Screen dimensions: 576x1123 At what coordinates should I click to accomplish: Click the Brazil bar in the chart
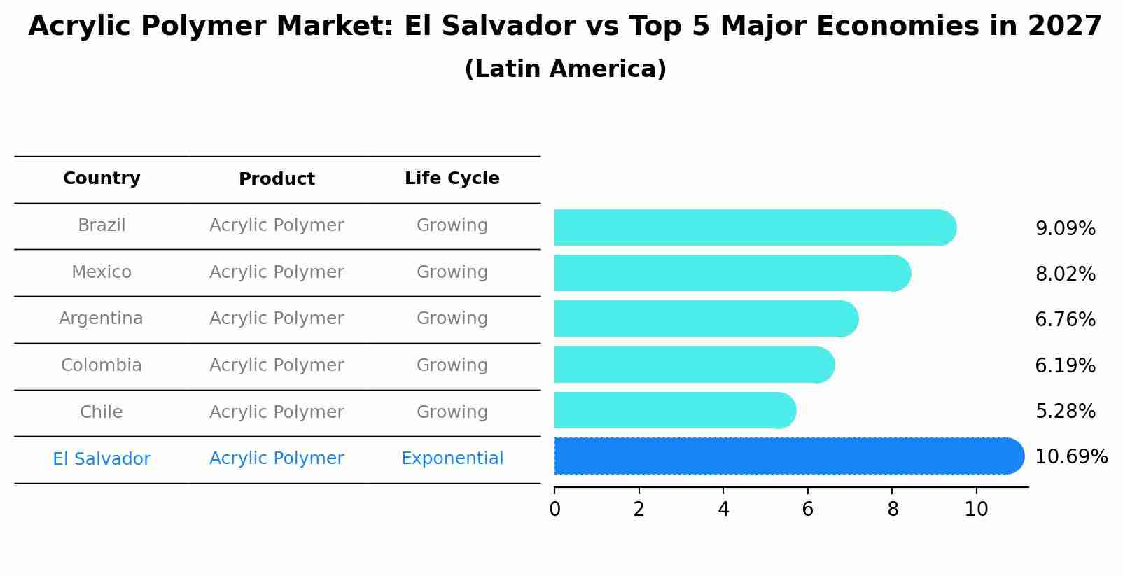pos(755,227)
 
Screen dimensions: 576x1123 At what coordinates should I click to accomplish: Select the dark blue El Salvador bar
pos(788,456)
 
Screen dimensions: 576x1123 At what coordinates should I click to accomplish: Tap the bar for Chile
pos(674,410)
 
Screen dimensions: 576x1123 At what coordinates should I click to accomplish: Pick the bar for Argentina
pos(706,318)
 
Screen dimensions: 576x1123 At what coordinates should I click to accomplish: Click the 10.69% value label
pos(1070,457)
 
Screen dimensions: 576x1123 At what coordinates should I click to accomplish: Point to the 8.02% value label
pos(1065,274)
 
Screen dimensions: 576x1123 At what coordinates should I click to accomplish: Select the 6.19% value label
pos(1065,365)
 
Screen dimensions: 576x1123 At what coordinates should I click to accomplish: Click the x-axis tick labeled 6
pos(807,510)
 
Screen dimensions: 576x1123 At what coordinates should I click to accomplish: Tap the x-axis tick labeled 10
pos(976,510)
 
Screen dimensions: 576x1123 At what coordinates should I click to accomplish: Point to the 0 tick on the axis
pos(554,510)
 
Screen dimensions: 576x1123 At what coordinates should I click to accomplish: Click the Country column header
pos(102,178)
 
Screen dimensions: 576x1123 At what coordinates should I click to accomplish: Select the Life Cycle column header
pos(452,178)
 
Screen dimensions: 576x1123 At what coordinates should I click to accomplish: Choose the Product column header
pos(277,179)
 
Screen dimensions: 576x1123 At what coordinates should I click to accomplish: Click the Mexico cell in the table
pos(102,272)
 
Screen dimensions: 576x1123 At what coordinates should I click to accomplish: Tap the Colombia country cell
pos(102,365)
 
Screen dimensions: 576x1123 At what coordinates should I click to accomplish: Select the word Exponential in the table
pos(452,458)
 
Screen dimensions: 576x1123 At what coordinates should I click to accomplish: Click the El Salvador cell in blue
pos(102,459)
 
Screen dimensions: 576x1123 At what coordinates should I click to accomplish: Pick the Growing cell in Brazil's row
pos(452,225)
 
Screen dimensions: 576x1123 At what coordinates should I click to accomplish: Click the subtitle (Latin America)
pos(565,69)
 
